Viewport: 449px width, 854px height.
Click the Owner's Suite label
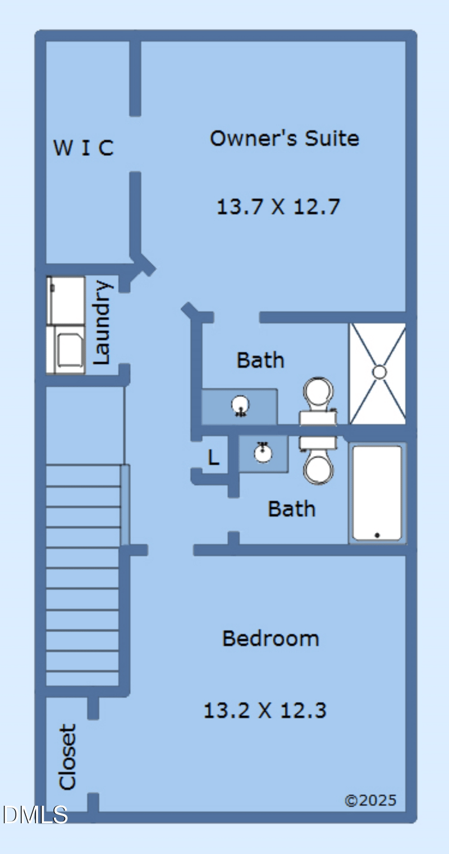(284, 138)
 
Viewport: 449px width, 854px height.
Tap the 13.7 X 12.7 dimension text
(278, 207)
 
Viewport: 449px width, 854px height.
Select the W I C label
(84, 148)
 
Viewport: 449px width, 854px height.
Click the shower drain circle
(379, 372)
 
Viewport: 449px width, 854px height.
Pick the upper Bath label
(260, 360)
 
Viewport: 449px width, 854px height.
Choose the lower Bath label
(291, 509)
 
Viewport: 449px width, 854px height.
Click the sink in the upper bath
(240, 404)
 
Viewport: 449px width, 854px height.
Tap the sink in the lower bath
(263, 452)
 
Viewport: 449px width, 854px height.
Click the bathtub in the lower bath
(377, 493)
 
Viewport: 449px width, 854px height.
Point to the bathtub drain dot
(377, 536)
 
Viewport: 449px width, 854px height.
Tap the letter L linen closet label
(213, 458)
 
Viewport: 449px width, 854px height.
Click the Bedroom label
(271, 638)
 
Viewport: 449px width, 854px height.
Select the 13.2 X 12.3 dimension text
(264, 711)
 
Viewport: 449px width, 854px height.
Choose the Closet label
(67, 756)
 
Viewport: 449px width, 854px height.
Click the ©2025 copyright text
(370, 800)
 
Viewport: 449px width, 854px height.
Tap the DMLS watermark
(35, 814)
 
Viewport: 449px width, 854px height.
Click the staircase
(83, 578)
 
